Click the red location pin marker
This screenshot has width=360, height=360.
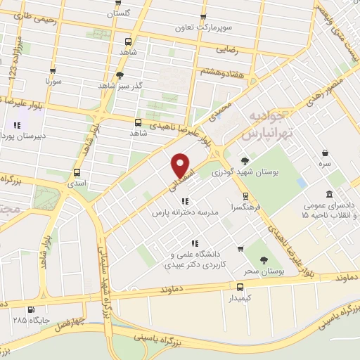(x=181, y=166)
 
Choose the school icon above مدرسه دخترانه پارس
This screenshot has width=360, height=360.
(x=186, y=201)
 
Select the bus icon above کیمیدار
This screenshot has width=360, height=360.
(x=240, y=287)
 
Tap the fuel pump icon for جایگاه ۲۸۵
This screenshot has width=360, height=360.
(x=31, y=309)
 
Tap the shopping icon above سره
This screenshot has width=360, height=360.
(x=325, y=152)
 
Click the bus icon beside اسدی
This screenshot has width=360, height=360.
(x=77, y=172)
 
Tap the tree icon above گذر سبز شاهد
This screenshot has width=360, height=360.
(x=120, y=75)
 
